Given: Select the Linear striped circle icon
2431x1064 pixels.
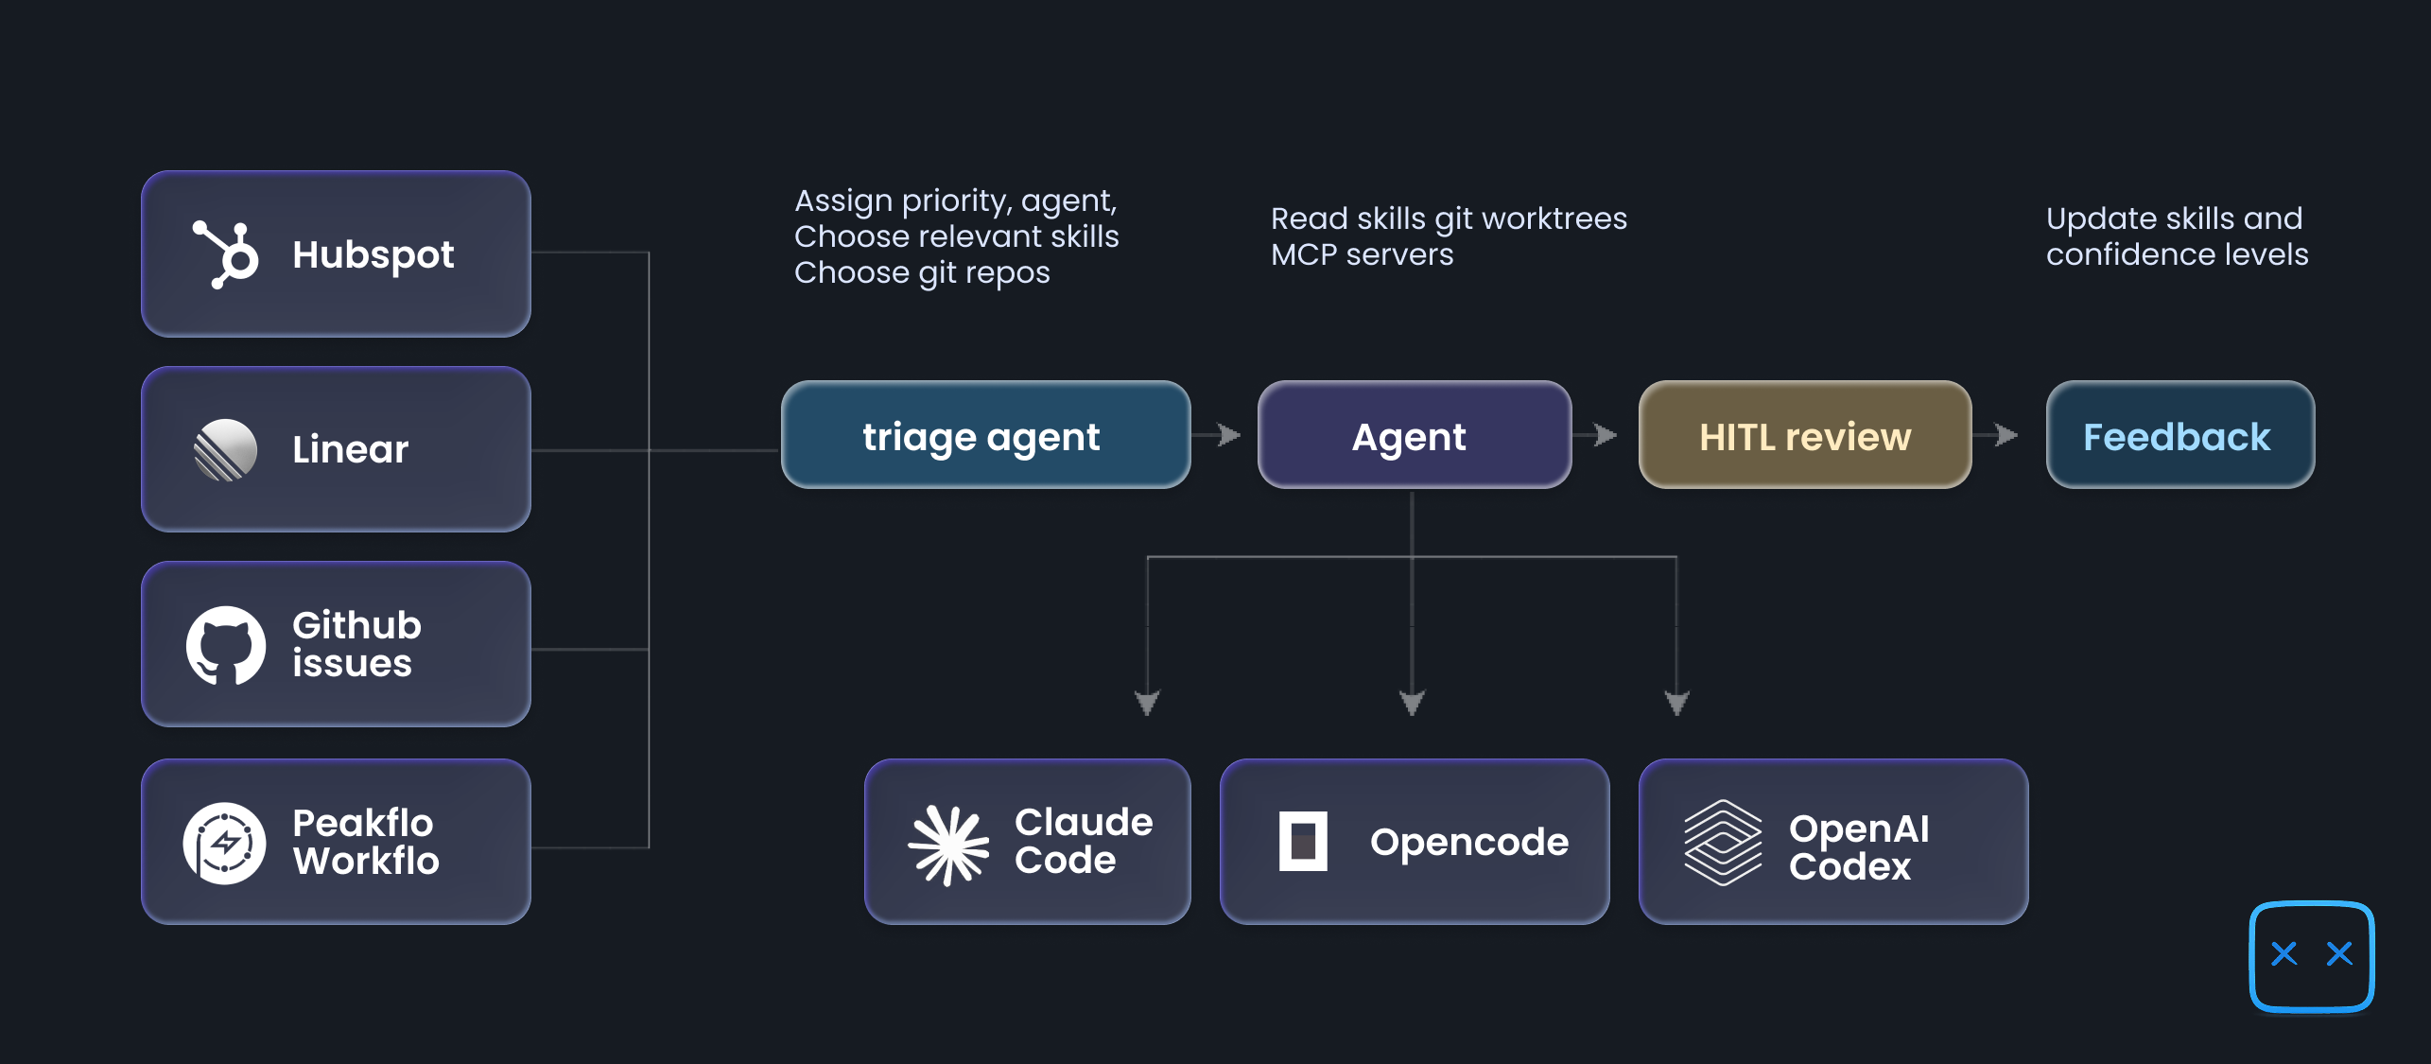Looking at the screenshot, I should (x=225, y=449).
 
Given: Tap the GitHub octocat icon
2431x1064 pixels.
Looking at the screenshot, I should (x=225, y=645).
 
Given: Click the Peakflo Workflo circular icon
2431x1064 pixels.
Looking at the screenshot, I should (x=225, y=843).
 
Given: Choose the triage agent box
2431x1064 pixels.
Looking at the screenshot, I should (x=984, y=436).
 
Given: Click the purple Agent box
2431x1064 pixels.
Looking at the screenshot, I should (x=1413, y=436).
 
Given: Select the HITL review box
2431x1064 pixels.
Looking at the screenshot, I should (x=1803, y=436).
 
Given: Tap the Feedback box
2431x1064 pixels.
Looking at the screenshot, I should (x=2179, y=436).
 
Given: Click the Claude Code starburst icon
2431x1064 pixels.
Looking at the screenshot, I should (x=947, y=845).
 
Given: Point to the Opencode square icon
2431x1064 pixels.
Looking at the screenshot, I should (x=1302, y=841).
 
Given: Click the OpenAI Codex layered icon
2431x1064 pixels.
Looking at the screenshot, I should (x=1722, y=842).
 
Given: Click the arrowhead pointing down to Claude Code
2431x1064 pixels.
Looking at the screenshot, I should (x=1147, y=702).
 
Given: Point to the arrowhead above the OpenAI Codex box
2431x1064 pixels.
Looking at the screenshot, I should (x=1676, y=702).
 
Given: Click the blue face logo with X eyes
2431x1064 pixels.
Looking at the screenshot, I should (x=2311, y=955).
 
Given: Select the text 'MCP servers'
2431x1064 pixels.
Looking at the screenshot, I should (x=1362, y=254).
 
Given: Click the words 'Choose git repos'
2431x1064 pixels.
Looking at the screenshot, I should (x=922, y=272).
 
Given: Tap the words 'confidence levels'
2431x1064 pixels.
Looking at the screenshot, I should (x=2176, y=254).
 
